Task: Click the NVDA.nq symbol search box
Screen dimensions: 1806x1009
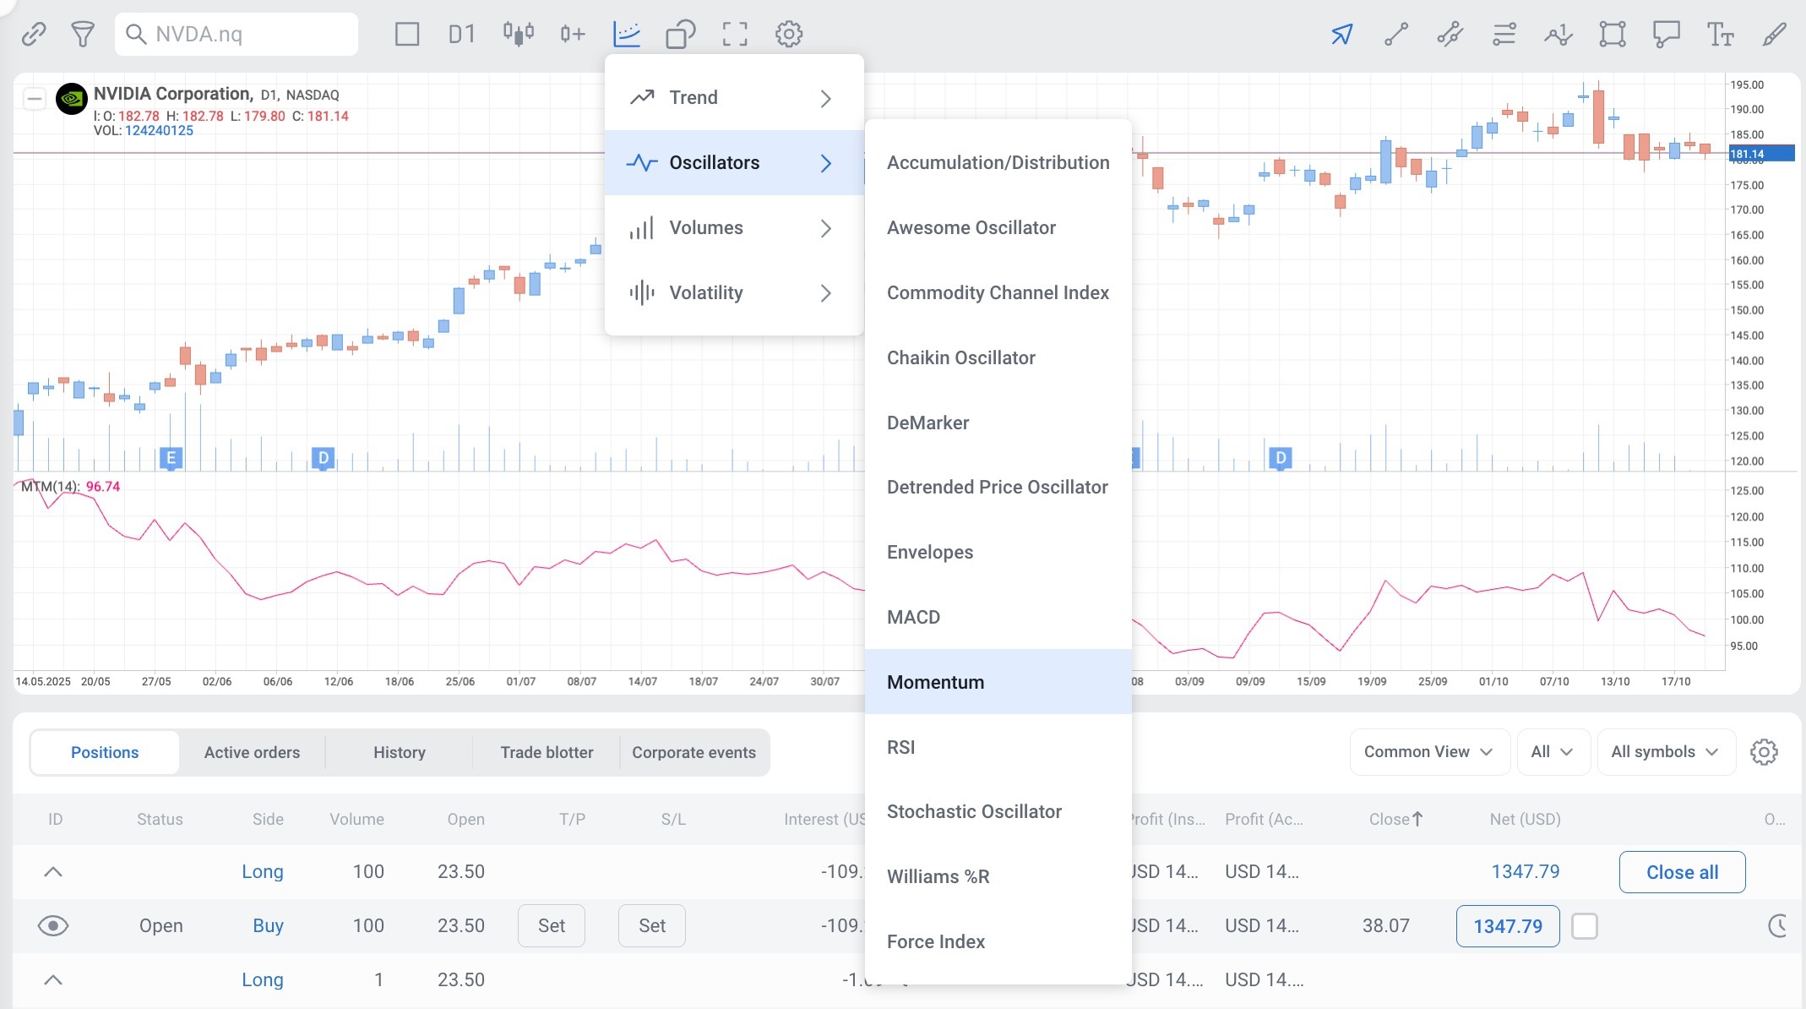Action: [x=237, y=34]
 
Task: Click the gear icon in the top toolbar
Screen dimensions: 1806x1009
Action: [x=789, y=34]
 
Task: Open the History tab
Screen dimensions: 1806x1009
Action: [x=400, y=752]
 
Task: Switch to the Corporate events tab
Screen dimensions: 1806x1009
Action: [x=694, y=752]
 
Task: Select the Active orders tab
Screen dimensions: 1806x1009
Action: [x=252, y=752]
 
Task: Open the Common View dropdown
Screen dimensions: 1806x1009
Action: [x=1429, y=752]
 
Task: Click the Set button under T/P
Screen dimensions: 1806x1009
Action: [x=552, y=926]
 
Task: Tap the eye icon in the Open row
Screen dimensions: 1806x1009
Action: [x=53, y=926]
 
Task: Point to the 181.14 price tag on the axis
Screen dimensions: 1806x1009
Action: [x=1761, y=154]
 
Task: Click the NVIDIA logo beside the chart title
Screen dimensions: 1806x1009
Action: [x=72, y=99]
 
